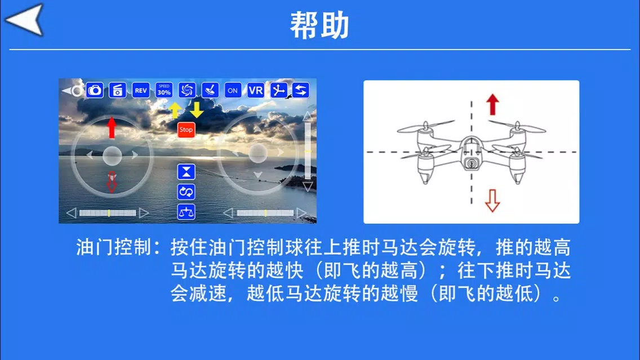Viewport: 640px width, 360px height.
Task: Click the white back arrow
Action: click(24, 20)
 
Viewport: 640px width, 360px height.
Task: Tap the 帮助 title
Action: click(319, 25)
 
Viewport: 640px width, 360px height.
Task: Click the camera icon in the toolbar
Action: click(95, 90)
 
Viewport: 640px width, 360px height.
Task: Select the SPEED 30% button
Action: click(164, 90)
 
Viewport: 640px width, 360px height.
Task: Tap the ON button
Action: click(233, 90)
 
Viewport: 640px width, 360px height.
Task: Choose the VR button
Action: click(256, 90)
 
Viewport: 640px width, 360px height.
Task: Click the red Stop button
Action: click(186, 130)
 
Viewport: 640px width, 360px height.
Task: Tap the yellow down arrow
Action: click(197, 110)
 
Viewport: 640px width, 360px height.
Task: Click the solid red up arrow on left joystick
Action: click(112, 127)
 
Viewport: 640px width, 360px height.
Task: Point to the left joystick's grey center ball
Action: click(112, 155)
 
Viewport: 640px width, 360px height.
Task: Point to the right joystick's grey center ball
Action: click(258, 153)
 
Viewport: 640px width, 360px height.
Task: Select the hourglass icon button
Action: click(186, 172)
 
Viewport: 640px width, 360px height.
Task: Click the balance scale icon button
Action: click(186, 212)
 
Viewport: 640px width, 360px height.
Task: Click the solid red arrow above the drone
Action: click(492, 104)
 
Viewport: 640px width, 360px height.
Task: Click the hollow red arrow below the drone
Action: click(492, 201)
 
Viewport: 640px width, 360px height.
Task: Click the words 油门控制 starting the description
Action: click(114, 247)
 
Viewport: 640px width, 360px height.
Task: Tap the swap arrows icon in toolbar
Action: click(301, 90)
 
